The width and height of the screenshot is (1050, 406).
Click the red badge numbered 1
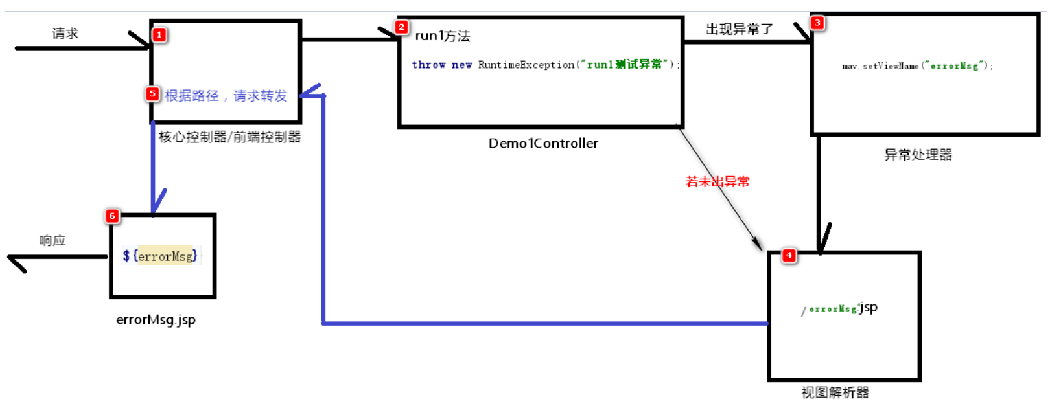pyautogui.click(x=159, y=34)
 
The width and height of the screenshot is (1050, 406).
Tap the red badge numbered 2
pyautogui.click(x=402, y=27)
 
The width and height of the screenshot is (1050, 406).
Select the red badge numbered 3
pyautogui.click(x=817, y=23)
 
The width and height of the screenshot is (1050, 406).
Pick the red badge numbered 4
pyautogui.click(x=789, y=255)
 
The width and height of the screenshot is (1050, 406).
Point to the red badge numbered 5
pyautogui.click(x=152, y=94)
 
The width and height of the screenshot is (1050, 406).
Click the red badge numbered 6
pyautogui.click(x=112, y=216)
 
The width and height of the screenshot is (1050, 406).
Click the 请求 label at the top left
pyautogui.click(x=65, y=34)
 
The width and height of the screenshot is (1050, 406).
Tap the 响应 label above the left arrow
pyautogui.click(x=52, y=241)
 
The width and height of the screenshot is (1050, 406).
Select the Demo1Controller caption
pyautogui.click(x=543, y=143)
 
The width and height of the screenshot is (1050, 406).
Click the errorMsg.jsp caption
pyautogui.click(x=156, y=319)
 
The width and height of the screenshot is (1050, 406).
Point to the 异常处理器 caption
pyautogui.click(x=918, y=155)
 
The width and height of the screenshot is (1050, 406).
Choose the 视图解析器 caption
pyautogui.click(x=835, y=392)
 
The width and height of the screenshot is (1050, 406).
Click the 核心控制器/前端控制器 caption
pyautogui.click(x=229, y=137)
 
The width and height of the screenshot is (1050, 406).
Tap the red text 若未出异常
pyautogui.click(x=717, y=182)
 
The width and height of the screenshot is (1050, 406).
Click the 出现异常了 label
pyautogui.click(x=739, y=29)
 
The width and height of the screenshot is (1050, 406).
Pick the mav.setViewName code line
pyautogui.click(x=917, y=66)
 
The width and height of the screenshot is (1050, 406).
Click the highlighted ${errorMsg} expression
pyautogui.click(x=161, y=256)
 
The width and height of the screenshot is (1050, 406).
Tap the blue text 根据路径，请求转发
pyautogui.click(x=226, y=96)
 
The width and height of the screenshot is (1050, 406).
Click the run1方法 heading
pyautogui.click(x=443, y=36)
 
